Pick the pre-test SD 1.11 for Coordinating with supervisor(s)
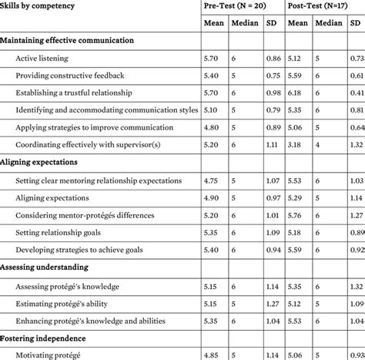272,144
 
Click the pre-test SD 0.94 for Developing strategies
272,249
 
